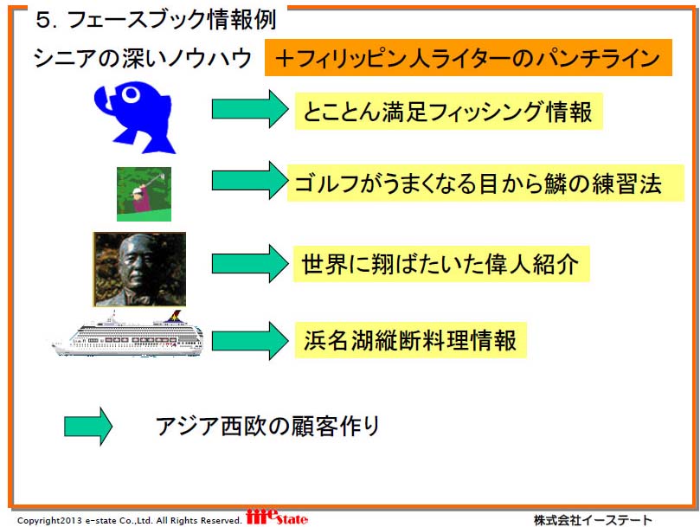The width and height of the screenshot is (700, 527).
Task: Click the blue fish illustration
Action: (x=134, y=117)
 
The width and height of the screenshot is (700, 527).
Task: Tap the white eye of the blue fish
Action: (x=131, y=94)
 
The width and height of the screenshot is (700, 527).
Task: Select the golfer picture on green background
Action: (x=144, y=194)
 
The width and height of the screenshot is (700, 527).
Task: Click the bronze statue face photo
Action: (x=139, y=269)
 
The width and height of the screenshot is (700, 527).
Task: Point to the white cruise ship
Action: (x=128, y=335)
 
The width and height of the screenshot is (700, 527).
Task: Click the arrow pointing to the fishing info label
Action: (x=250, y=109)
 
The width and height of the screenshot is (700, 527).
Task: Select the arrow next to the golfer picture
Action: (x=250, y=181)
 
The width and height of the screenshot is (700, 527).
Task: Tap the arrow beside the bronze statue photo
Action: (x=250, y=263)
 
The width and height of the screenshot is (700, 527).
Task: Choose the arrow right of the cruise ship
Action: (x=250, y=341)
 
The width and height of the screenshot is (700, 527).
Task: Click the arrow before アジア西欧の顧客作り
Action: (x=88, y=426)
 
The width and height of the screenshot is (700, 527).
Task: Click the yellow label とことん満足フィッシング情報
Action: (x=449, y=112)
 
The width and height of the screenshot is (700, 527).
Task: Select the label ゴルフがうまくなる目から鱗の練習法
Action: (x=485, y=183)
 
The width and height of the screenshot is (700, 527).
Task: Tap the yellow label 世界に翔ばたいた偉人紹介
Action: (x=441, y=263)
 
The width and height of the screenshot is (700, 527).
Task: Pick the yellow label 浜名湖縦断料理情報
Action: (x=411, y=340)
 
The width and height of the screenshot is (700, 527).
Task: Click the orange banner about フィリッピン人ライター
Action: (x=468, y=58)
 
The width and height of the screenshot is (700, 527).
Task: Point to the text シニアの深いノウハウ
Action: (x=143, y=59)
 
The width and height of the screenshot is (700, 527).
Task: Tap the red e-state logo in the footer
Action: (x=277, y=517)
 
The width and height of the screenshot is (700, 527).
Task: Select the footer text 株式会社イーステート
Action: (x=593, y=520)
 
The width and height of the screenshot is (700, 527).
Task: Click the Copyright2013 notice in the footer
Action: (x=130, y=520)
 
